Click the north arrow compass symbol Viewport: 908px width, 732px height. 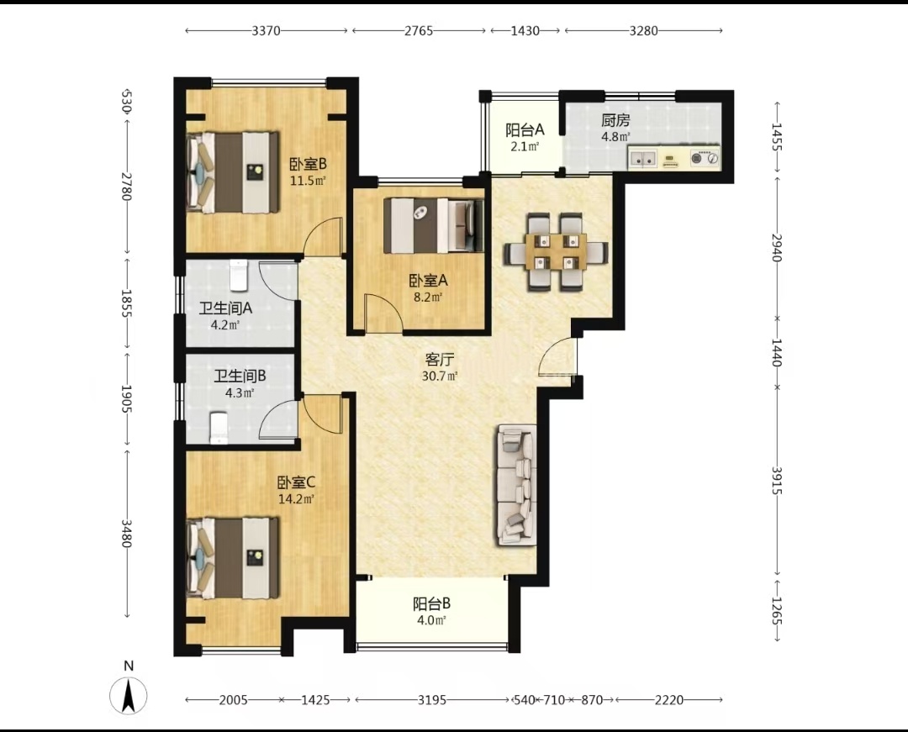[129, 694]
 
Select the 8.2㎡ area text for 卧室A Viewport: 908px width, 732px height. [429, 298]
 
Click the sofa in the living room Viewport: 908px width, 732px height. [515, 485]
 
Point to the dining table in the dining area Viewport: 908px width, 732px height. [556, 252]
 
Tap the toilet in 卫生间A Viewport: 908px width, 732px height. [239, 275]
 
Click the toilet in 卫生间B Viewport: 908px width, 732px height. [219, 428]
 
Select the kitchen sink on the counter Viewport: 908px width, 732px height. [643, 157]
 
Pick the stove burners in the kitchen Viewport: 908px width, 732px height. [705, 157]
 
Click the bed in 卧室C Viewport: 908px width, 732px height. [233, 558]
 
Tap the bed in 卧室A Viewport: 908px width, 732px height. [433, 226]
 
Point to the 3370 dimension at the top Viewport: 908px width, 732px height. [267, 30]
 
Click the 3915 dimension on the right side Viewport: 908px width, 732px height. [777, 480]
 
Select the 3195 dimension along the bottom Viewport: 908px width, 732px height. [432, 700]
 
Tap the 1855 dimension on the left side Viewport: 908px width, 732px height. [127, 303]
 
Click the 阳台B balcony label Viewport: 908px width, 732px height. [431, 604]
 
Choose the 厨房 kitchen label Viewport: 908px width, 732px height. [615, 120]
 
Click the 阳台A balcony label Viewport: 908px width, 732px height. [525, 129]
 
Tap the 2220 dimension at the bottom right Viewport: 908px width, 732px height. [669, 700]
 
